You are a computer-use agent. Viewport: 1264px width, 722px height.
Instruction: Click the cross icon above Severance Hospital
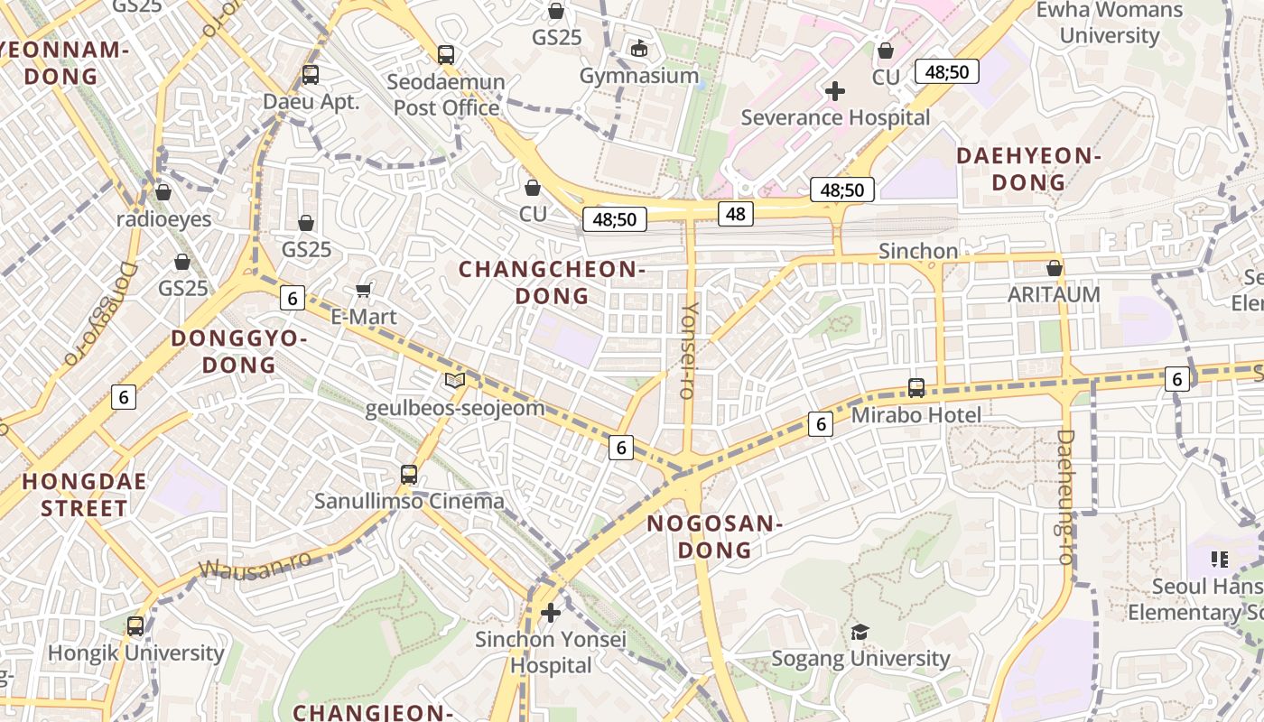pos(835,90)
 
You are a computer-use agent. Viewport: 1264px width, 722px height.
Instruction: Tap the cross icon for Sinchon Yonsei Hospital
pos(550,614)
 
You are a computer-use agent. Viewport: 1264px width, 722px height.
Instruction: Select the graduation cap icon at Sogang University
pos(860,632)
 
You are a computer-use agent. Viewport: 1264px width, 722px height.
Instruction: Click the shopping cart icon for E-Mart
pos(364,290)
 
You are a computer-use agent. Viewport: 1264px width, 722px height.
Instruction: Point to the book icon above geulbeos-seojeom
pos(455,381)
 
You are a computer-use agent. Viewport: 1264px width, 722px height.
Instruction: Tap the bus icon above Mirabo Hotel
pos(916,388)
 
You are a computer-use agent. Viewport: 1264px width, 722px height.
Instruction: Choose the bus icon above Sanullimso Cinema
pos(409,474)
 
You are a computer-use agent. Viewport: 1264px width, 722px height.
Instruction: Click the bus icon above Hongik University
pos(135,625)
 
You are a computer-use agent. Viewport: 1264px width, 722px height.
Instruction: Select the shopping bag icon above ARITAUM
pos(1054,268)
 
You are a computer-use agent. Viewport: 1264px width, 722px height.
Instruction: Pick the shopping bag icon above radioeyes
pos(163,192)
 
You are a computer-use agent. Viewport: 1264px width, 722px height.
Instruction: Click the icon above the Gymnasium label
pos(639,48)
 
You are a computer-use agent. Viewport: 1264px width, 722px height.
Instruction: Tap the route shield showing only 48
pos(736,214)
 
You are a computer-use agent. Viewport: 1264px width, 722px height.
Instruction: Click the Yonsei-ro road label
pos(689,350)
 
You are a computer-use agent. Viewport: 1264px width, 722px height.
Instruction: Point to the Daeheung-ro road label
pos(1065,496)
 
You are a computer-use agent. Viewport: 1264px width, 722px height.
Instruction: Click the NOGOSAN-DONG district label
pos(714,536)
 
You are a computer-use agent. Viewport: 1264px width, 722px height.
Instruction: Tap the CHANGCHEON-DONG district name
pos(552,282)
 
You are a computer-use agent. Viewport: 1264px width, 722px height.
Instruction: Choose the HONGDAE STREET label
pos(84,495)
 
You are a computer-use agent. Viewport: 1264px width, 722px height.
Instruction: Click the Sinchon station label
pos(918,251)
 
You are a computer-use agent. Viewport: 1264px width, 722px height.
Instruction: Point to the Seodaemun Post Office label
pos(446,95)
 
